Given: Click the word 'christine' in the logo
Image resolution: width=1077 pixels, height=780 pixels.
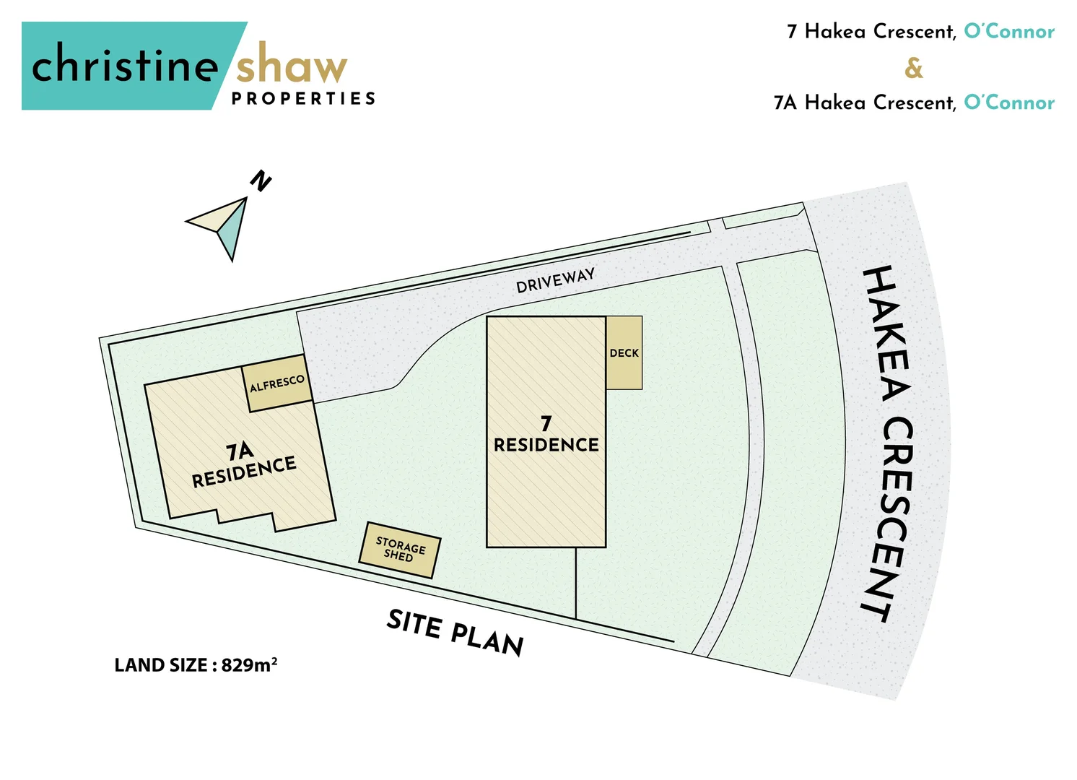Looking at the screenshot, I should (x=124, y=65).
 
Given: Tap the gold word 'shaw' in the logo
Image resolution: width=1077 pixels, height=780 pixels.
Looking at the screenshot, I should (x=291, y=66).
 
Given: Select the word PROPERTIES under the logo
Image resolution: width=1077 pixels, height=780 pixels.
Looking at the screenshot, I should (x=303, y=98).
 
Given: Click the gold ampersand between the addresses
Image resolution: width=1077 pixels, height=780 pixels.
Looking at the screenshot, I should (x=914, y=68).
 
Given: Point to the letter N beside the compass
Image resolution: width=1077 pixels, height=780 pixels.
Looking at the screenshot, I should (x=260, y=181).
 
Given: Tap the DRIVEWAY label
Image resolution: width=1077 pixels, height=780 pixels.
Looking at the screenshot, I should (x=555, y=280).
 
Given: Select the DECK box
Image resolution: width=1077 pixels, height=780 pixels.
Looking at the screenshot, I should (x=624, y=353).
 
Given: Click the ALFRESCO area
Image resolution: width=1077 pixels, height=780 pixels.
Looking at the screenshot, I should (x=277, y=383).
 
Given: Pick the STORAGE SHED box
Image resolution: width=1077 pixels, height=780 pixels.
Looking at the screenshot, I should (x=400, y=550).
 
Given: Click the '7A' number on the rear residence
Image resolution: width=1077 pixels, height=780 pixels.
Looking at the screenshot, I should (x=240, y=451).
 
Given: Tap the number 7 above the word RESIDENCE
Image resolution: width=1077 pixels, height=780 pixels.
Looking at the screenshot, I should (x=546, y=423).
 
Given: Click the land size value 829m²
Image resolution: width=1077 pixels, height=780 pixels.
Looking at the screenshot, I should (x=249, y=664).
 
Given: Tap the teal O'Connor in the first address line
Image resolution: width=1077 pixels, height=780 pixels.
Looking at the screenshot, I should (x=1008, y=32).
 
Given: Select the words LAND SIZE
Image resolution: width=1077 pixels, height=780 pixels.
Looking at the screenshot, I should (x=161, y=665).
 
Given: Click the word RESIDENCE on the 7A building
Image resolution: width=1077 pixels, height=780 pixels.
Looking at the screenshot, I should (x=244, y=472).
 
